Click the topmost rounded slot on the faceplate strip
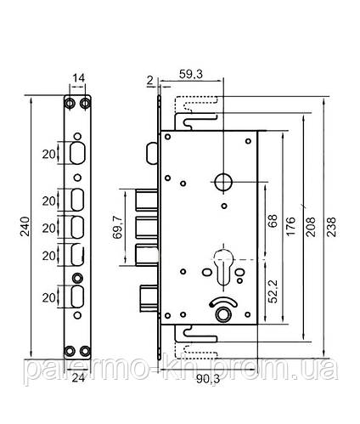(77, 154)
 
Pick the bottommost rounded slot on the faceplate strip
(77, 297)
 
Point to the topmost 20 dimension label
(50, 154)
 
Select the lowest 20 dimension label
(50, 297)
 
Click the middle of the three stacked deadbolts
(143, 227)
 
